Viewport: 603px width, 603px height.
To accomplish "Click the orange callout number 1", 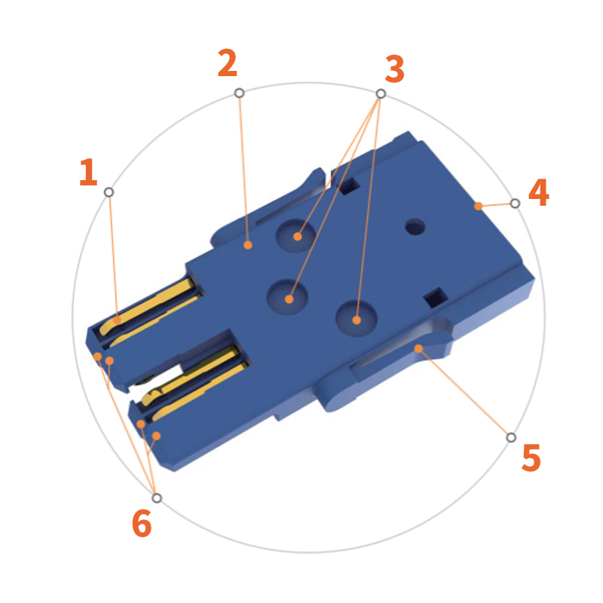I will (88, 173).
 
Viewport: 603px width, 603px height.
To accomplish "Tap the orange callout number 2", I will (228, 64).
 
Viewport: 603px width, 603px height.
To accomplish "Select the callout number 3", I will (394, 69).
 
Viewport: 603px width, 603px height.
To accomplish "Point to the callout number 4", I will (538, 193).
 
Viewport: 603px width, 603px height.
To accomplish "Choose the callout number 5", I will (531, 458).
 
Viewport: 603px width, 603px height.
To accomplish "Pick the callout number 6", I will (142, 523).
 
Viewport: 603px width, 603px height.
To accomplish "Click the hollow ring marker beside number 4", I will (515, 204).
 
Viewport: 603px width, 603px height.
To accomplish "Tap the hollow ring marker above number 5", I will (511, 437).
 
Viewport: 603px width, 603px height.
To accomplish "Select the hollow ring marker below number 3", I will (381, 93).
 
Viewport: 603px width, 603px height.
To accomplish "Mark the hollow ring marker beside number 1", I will (109, 192).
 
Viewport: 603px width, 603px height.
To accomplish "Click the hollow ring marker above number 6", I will (157, 497).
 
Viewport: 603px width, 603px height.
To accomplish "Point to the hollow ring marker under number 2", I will (239, 93).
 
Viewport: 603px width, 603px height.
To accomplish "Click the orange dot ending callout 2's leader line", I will (247, 245).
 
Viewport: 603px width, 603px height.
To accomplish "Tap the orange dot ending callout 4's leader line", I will (478, 206).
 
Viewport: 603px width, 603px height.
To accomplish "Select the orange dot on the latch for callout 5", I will (418, 348).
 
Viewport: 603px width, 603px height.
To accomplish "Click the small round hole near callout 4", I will (415, 226).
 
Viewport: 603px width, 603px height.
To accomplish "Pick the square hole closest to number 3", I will (348, 186).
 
